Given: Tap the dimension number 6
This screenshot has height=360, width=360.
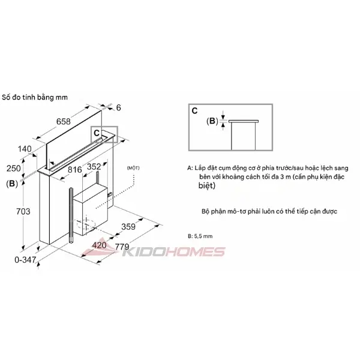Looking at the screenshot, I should pos(119,107).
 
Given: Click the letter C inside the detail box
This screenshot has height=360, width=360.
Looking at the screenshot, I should pos(194,110).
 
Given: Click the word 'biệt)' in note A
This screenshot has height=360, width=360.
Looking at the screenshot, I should pos(205,187).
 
